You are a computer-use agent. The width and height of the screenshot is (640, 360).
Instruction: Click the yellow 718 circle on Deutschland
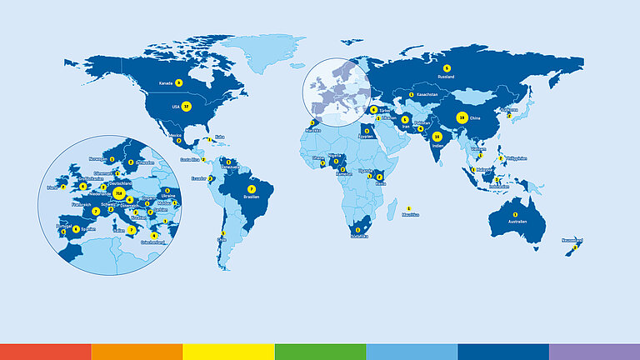[x=119, y=194]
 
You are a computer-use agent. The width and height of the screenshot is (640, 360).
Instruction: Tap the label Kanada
[x=166, y=83]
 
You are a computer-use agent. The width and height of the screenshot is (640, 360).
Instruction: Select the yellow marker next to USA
[x=186, y=107]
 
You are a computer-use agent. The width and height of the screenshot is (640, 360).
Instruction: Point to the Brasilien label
[x=252, y=197]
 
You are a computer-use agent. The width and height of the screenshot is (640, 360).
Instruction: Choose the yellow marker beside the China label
[x=462, y=118]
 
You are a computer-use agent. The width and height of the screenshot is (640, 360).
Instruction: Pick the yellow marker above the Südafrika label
[x=358, y=229]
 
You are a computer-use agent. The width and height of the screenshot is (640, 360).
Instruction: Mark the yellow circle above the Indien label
[x=437, y=136]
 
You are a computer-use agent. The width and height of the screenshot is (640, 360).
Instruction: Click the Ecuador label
[x=198, y=178]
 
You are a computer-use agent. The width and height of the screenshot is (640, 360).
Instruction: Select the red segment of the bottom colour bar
[x=45, y=351]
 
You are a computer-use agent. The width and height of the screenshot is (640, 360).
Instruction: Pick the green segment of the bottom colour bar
[x=320, y=351]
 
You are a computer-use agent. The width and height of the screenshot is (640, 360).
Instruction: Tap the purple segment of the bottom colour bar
[x=594, y=351]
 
